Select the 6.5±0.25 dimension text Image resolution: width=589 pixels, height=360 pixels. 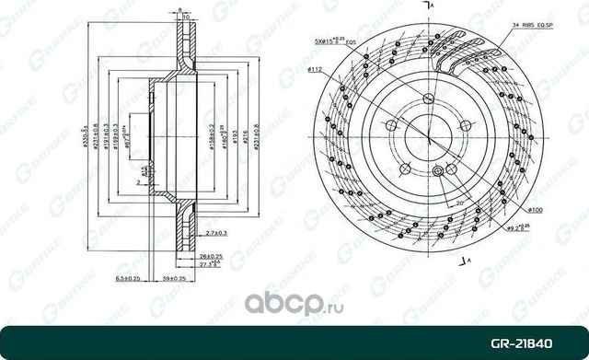125,276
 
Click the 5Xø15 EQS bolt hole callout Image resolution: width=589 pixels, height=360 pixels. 335,41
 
